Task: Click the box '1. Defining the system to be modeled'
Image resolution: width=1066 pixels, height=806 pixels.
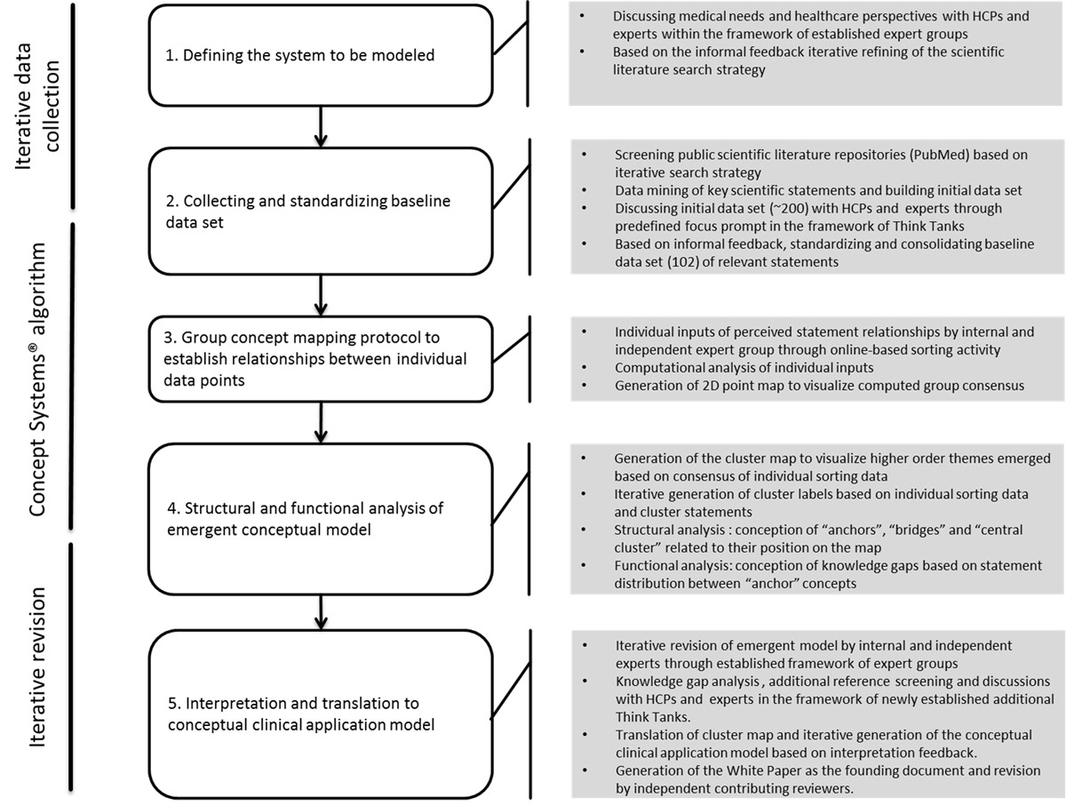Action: (x=320, y=55)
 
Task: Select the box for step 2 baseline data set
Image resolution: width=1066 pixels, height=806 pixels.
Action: (x=320, y=211)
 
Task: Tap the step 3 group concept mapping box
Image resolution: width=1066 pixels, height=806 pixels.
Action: (x=320, y=357)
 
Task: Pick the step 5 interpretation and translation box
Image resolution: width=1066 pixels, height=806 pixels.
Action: (x=320, y=714)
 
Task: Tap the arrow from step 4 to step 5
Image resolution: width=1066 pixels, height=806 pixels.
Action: (x=321, y=610)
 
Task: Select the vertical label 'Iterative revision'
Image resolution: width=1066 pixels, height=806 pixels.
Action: (x=39, y=666)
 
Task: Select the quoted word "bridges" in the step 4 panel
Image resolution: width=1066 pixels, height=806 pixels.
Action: (x=855, y=530)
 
